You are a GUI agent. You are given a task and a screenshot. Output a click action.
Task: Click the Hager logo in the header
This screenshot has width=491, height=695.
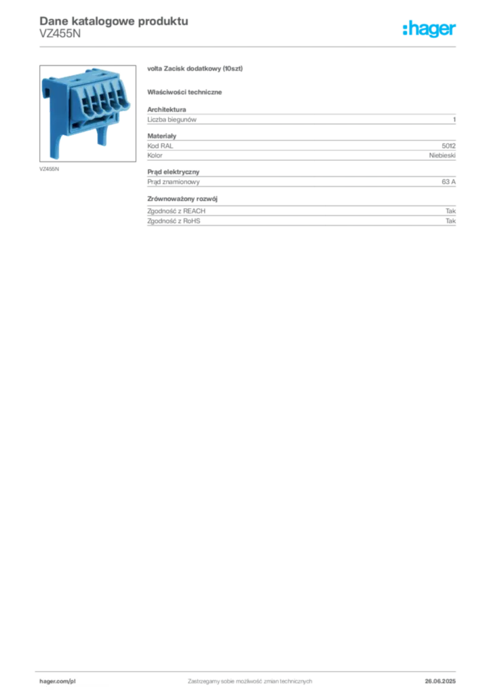pos(429,29)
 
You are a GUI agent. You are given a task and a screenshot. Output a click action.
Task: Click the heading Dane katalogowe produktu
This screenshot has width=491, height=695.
pos(114,21)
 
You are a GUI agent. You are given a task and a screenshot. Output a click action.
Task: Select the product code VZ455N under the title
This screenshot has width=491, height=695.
pos(60,34)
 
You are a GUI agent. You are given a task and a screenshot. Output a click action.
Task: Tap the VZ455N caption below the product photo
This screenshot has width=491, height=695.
pos(49,169)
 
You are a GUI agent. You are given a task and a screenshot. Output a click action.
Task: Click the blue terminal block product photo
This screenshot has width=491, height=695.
pos(87,113)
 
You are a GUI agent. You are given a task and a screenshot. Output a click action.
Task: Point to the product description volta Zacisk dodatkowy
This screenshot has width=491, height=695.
pos(195,69)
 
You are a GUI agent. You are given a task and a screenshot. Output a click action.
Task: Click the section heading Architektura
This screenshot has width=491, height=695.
pos(166,109)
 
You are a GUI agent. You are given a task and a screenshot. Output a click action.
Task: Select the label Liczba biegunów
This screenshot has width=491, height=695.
pos(172,119)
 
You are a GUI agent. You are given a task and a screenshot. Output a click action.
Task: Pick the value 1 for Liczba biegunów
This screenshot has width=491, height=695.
pos(454,119)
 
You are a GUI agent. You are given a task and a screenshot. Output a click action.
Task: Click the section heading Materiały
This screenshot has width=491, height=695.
pos(161,136)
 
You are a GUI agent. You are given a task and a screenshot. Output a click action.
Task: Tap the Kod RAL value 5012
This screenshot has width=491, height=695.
pos(448,145)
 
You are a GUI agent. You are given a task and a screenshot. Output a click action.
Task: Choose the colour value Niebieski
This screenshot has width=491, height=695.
pos(442,155)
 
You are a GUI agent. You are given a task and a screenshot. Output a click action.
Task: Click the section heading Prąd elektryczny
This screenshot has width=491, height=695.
pos(173,172)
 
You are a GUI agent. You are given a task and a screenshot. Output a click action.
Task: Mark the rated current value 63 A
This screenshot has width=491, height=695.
pos(448,182)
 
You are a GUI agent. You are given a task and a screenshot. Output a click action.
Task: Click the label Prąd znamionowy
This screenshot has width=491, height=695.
pos(173,182)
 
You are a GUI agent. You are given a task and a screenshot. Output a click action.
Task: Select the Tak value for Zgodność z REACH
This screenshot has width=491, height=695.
pos(451,211)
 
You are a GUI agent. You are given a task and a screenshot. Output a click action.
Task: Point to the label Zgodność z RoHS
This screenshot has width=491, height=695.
pos(174,221)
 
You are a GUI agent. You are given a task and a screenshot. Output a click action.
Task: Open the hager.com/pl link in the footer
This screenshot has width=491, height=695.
pos(58,681)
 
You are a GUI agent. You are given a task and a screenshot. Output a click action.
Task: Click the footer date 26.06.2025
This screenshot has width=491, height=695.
pos(440,681)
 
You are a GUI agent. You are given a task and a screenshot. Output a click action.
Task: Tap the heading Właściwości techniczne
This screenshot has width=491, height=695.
pos(184,92)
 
